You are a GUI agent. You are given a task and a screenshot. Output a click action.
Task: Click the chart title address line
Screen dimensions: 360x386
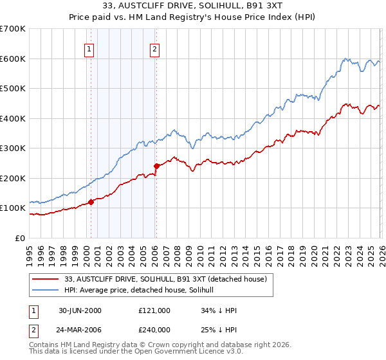tap(192, 6)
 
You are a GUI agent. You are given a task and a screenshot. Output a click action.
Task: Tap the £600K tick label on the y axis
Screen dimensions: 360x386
tap(13, 59)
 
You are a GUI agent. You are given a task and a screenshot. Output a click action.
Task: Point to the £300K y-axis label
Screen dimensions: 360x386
tap(13, 148)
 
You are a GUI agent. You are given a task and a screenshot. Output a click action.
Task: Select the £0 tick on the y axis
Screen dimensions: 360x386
tap(21, 238)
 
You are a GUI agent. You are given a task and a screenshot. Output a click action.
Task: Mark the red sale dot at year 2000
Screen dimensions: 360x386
tap(91, 202)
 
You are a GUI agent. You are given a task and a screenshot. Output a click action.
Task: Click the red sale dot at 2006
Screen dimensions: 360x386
tap(156, 166)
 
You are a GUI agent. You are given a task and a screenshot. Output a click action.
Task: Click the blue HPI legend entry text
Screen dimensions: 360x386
tap(143, 290)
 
